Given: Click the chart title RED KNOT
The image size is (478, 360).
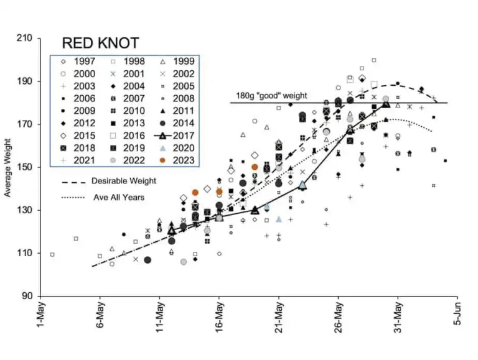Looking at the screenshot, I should click(x=100, y=43).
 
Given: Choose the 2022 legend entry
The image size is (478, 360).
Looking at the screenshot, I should click(x=131, y=160).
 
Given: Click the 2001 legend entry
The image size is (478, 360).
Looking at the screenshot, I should click(x=131, y=73).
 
